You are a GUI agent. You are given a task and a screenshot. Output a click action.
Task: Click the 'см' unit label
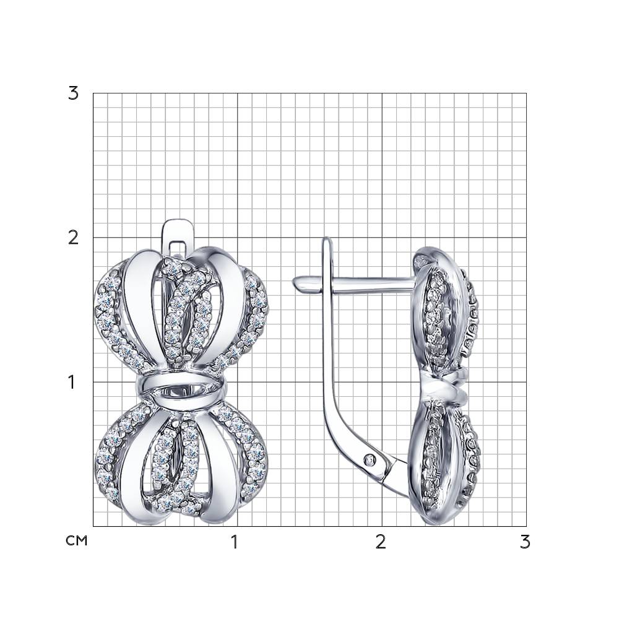[77, 540]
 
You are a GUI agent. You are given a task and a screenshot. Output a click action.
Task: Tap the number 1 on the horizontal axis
[235, 542]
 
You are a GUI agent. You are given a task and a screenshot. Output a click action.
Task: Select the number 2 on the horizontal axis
[380, 542]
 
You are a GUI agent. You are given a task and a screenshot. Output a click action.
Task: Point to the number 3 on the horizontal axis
[525, 542]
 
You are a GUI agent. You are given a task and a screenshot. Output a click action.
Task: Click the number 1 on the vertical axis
[71, 382]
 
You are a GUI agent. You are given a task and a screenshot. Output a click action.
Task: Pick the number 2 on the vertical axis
[74, 238]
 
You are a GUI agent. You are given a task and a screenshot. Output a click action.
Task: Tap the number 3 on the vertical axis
[74, 93]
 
